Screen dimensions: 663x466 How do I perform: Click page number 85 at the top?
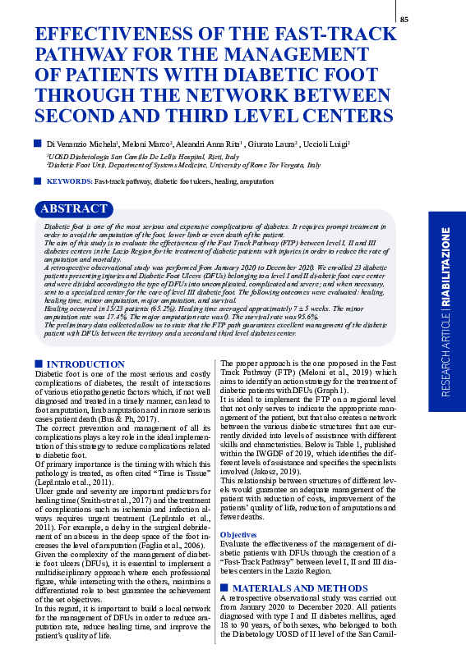tap(427, 20)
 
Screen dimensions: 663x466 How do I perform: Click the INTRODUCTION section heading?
tap(85, 364)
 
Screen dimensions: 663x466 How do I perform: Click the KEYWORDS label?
tap(69, 181)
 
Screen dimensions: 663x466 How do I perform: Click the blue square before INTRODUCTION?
tap(38, 364)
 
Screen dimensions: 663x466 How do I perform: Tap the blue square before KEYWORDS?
tap(38, 181)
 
